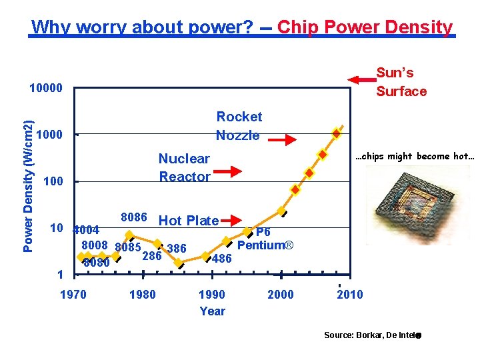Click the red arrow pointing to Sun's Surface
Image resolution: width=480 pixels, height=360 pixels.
363,80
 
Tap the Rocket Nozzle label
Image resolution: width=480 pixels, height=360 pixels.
239,126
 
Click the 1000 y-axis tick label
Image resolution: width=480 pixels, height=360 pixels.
49,135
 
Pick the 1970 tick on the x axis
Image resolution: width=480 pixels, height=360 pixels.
73,295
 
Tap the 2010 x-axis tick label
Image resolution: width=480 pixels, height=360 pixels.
350,295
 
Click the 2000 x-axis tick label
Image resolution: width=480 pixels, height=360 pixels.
280,295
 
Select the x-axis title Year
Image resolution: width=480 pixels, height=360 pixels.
212,311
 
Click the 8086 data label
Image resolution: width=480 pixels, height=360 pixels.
133,217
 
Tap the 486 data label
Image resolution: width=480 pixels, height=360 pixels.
221,259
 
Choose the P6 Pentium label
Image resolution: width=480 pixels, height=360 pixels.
265,239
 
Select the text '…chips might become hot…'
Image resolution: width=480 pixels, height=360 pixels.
414,157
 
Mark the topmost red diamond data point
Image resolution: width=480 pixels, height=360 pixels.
337,133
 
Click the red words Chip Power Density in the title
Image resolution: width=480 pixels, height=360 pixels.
365,27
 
